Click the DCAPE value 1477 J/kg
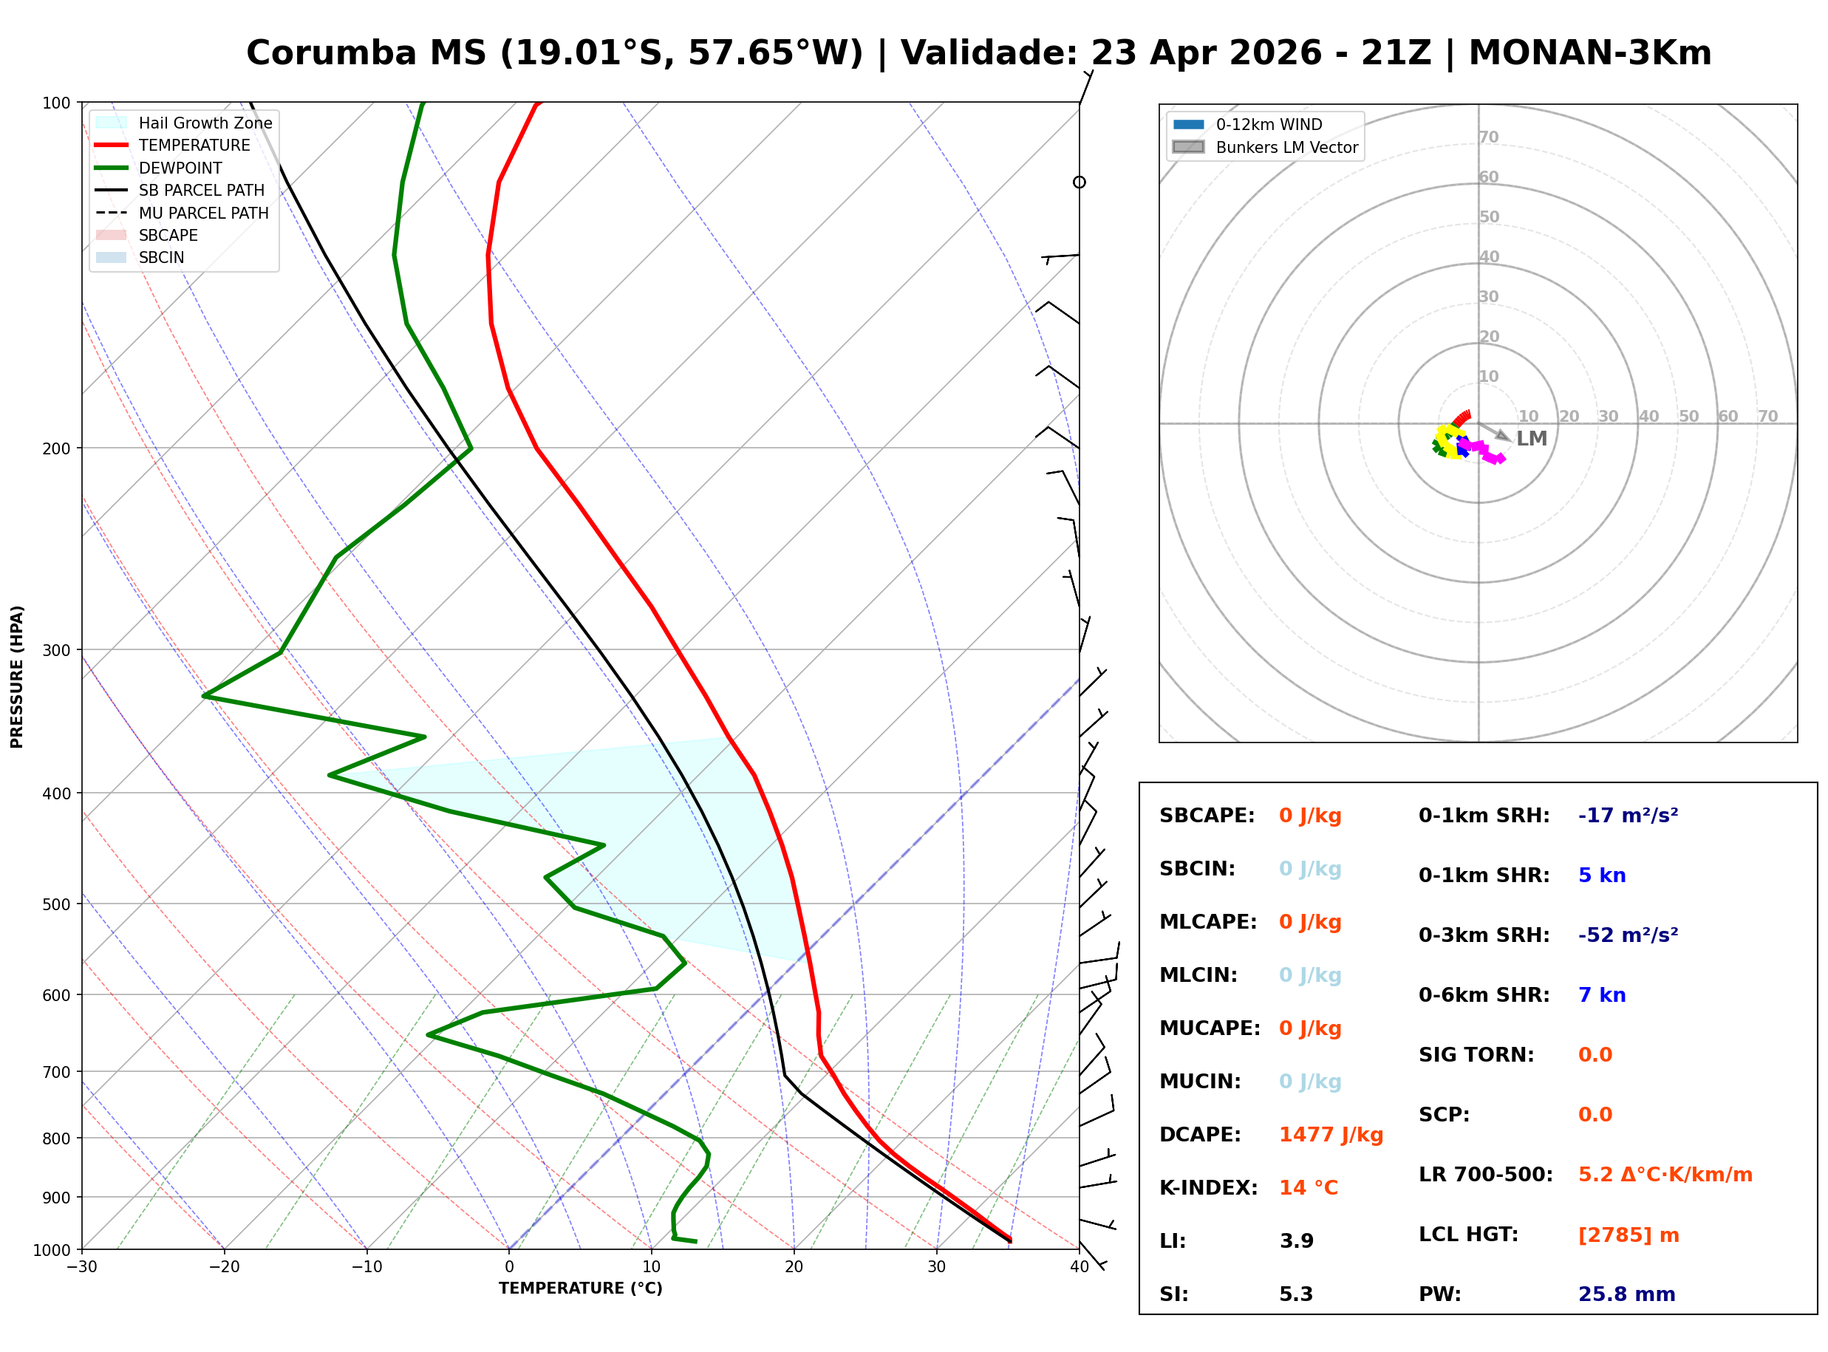click(x=1331, y=1135)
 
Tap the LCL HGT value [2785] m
click(x=1629, y=1235)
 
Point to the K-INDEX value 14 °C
click(x=1309, y=1188)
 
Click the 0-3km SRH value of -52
click(x=1628, y=935)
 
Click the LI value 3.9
click(x=1296, y=1241)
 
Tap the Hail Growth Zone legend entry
click(x=205, y=123)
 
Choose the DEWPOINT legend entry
click(x=180, y=168)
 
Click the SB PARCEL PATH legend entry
click(x=201, y=190)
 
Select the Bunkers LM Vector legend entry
click(x=1286, y=147)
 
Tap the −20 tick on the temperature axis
click(x=223, y=1268)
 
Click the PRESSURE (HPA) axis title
click(x=17, y=677)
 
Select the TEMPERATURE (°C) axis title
click(x=580, y=1288)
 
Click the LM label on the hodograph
click(x=1531, y=439)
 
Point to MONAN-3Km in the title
click(x=1589, y=53)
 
